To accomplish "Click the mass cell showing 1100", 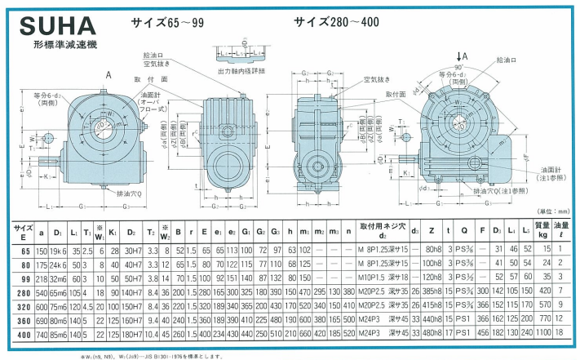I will [542, 333].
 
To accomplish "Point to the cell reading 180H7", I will [132, 333].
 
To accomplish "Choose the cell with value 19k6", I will [57, 250].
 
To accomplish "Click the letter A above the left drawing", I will [108, 74].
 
